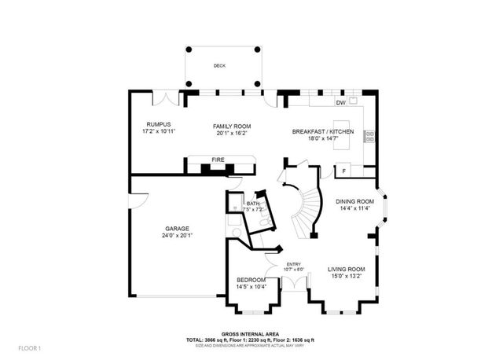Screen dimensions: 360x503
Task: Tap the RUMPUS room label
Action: click(x=158, y=125)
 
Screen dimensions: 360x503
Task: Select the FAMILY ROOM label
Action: click(x=232, y=126)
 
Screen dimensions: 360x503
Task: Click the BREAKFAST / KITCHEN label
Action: click(x=323, y=131)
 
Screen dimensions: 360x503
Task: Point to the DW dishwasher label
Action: click(x=340, y=103)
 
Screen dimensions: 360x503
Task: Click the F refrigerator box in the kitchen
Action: click(x=343, y=171)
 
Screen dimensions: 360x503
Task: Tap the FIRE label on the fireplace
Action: click(x=218, y=160)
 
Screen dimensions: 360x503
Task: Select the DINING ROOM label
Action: click(x=354, y=201)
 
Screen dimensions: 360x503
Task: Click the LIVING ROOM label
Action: click(x=347, y=270)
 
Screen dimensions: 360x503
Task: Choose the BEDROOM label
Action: click(x=253, y=280)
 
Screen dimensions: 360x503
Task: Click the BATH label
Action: click(x=252, y=204)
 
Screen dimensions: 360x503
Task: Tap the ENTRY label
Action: click(x=293, y=264)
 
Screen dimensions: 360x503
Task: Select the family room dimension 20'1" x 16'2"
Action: click(x=232, y=133)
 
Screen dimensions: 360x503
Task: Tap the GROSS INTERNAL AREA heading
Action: click(x=252, y=333)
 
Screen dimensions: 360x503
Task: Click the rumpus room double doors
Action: click(x=165, y=101)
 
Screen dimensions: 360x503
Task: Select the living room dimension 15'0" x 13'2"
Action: click(x=347, y=277)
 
